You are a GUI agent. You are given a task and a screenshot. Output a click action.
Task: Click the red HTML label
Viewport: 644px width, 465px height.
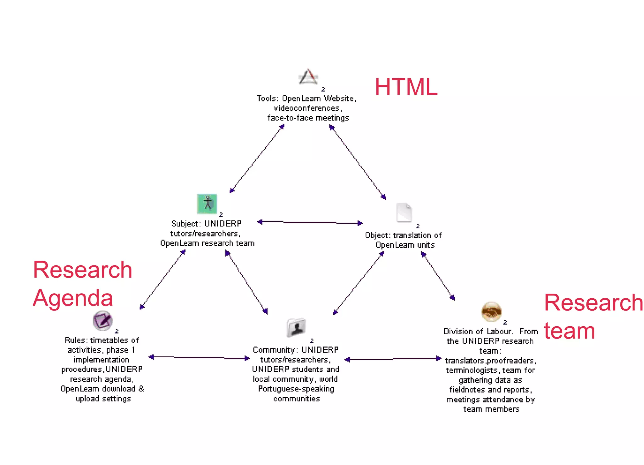click(406, 87)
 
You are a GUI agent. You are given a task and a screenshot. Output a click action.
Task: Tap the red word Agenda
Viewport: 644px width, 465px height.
click(73, 298)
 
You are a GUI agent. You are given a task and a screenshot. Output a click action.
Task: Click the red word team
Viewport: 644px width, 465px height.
click(569, 331)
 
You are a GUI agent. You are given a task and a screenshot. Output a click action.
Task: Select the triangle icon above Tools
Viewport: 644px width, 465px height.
click(308, 77)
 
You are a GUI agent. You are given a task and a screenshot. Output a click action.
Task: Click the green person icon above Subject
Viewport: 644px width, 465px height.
click(207, 203)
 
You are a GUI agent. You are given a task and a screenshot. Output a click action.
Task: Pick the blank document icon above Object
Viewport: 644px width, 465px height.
click(404, 212)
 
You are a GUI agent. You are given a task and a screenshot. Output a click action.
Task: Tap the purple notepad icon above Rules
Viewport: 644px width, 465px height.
click(103, 320)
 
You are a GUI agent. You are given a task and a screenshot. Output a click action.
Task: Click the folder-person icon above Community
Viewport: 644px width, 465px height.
click(296, 328)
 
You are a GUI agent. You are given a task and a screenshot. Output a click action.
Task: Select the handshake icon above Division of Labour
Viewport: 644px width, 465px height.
click(491, 312)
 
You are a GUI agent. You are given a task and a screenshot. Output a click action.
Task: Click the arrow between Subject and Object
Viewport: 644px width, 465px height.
click(310, 223)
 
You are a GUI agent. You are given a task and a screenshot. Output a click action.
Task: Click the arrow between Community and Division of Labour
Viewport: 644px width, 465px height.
click(393, 359)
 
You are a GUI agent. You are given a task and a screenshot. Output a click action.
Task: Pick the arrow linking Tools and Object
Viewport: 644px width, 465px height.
click(358, 162)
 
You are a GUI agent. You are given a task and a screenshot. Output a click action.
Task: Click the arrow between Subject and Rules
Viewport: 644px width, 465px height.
click(163, 280)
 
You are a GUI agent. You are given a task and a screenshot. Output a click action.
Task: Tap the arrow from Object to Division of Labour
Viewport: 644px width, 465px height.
click(438, 276)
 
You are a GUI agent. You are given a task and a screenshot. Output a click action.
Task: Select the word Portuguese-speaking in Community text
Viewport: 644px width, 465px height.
click(296, 389)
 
